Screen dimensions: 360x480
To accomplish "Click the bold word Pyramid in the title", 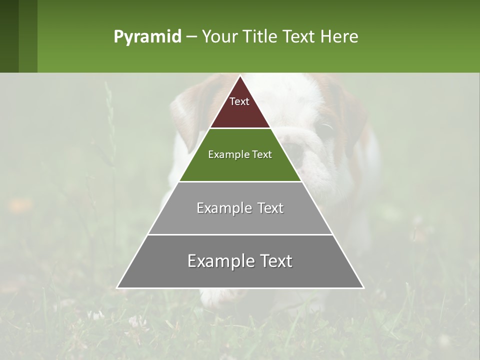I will (147, 36).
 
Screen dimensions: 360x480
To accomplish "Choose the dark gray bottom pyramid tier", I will (240, 272).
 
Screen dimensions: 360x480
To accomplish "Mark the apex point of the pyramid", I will (240, 76).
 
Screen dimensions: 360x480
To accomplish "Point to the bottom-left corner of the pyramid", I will (117, 287).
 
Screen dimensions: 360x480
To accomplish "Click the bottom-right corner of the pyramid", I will (363, 287).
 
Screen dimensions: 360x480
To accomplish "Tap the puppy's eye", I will (326, 129).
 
